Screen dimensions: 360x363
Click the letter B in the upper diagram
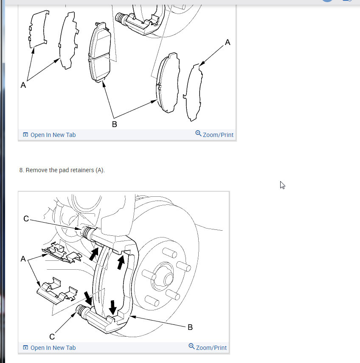pos(115,124)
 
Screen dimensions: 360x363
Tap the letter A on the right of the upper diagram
pos(228,42)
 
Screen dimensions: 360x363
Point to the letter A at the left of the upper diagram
pos(23,85)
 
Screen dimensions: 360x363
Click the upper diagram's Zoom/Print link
pos(214,134)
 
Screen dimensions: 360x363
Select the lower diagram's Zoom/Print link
pos(208,347)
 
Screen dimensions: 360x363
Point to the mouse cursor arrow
pos(282,185)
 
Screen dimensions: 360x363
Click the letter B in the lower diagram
pos(190,327)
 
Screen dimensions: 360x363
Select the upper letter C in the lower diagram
pos(26,219)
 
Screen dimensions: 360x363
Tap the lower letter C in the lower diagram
pos(52,337)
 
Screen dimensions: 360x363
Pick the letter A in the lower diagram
pos(23,259)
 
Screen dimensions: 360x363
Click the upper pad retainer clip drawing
pos(62,253)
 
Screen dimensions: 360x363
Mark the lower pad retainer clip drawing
pos(57,291)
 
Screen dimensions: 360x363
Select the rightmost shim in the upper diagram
pos(193,92)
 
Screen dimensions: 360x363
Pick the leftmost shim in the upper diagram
pos(38,29)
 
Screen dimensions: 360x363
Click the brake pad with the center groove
pos(100,52)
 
